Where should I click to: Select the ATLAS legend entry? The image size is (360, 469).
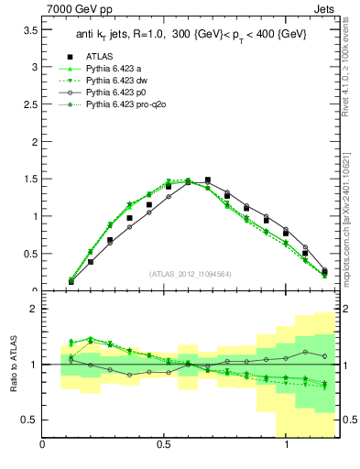(x=98, y=56)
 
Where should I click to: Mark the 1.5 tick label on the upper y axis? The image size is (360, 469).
(x=29, y=180)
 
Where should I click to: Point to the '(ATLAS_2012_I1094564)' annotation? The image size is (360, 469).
(x=190, y=273)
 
